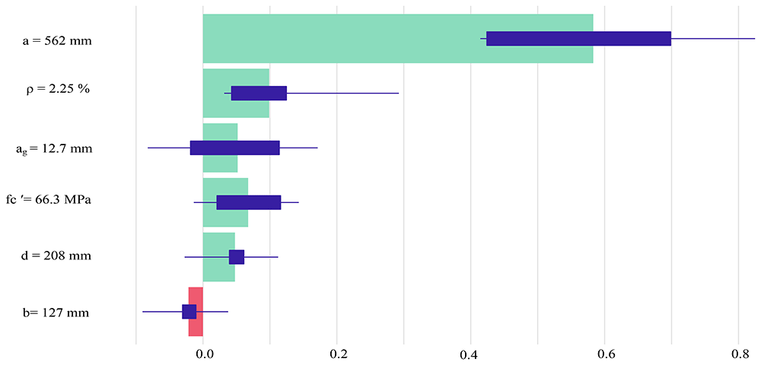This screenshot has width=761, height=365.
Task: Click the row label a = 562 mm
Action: click(57, 41)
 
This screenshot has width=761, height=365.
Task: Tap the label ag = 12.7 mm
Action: click(54, 149)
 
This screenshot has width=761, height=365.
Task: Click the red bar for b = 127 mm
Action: click(196, 312)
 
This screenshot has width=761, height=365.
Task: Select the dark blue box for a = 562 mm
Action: click(578, 38)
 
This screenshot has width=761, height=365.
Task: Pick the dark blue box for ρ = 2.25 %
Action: click(259, 93)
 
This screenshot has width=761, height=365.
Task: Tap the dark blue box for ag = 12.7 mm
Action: click(235, 148)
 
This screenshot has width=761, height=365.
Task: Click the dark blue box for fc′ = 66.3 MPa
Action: click(249, 202)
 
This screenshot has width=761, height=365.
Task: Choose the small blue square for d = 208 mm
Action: click(237, 257)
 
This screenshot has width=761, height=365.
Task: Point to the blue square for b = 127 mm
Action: click(189, 312)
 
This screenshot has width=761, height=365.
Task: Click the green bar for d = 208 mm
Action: click(219, 257)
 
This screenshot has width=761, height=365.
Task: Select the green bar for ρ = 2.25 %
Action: click(236, 93)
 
